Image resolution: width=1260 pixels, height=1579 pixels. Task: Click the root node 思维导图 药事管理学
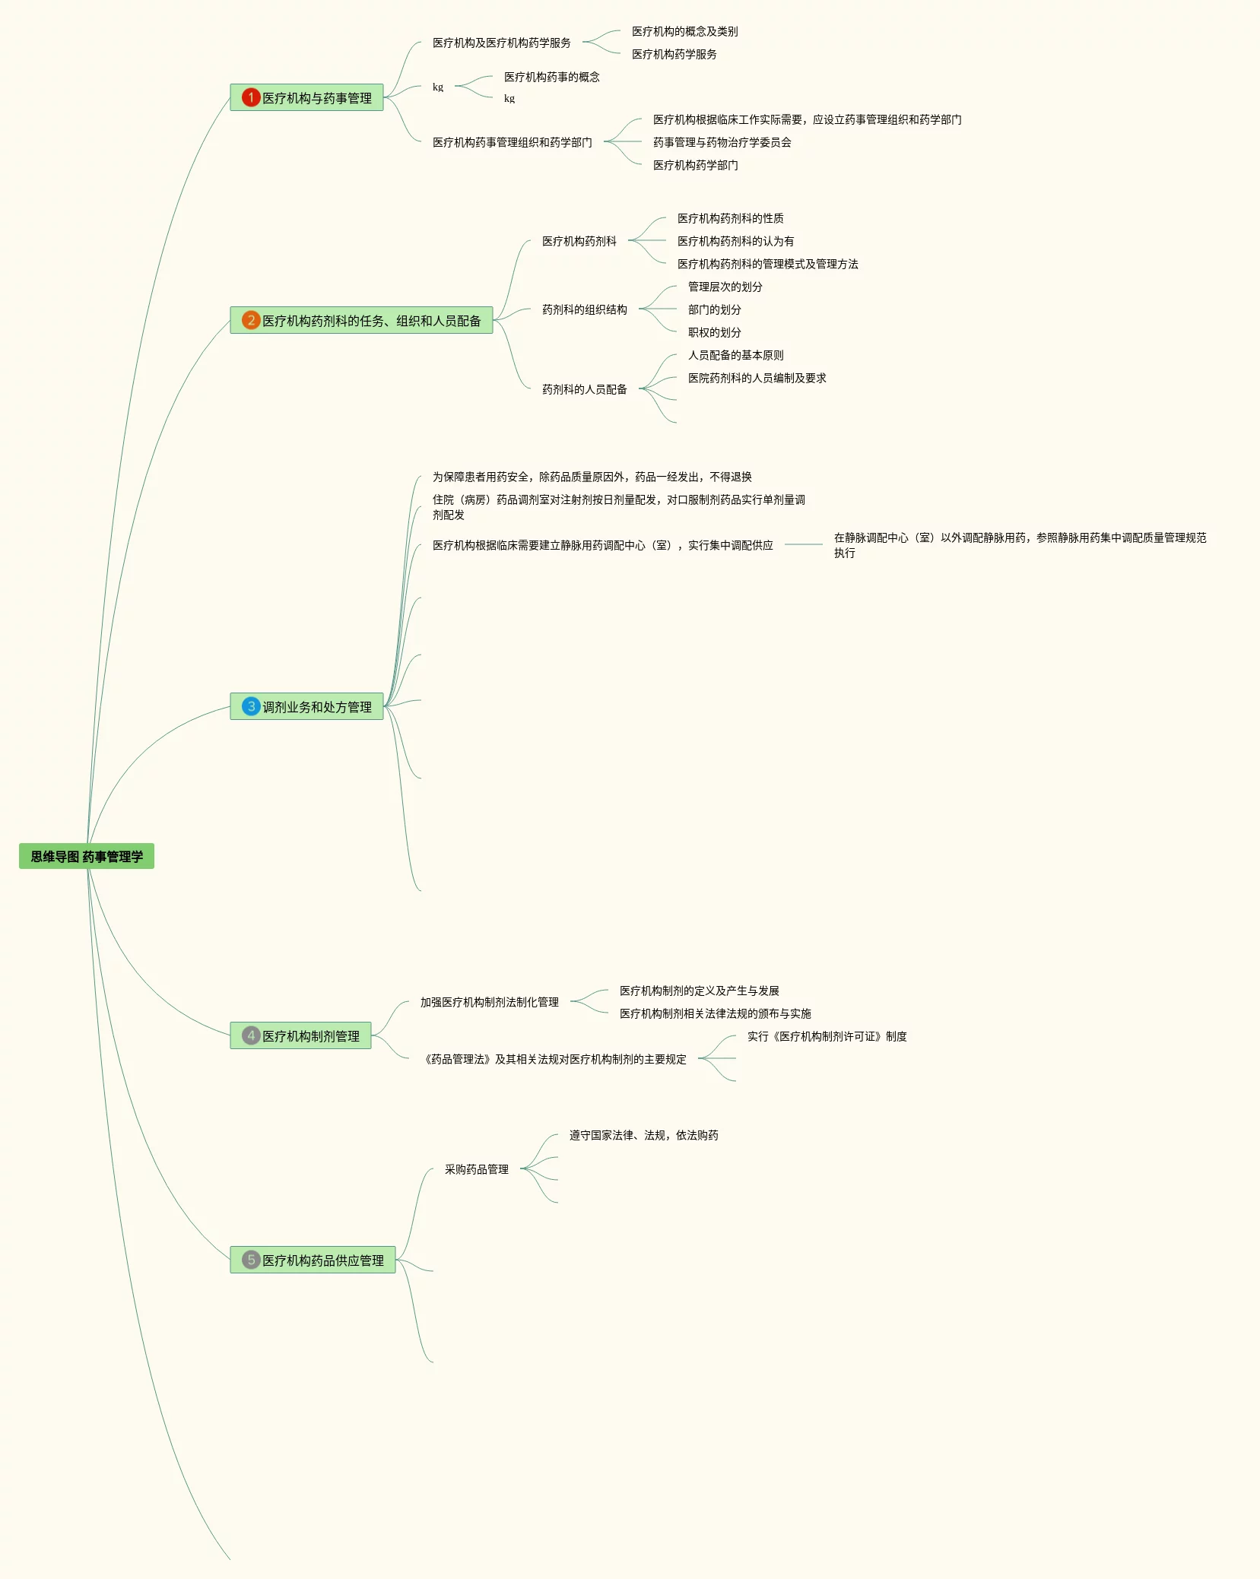coord(87,857)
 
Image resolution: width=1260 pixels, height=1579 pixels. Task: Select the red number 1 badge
coord(251,97)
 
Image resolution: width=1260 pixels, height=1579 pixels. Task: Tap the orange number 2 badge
coord(251,320)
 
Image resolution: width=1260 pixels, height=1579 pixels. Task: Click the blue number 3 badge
coord(251,706)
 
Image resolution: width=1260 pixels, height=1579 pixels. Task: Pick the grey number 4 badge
coord(251,1035)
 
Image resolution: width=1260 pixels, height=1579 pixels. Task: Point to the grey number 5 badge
coord(251,1260)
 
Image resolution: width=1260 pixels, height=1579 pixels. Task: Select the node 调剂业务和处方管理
coord(317,707)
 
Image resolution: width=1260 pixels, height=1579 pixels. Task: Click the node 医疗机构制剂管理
coord(311,1036)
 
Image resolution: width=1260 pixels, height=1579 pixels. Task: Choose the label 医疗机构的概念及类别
coord(684,31)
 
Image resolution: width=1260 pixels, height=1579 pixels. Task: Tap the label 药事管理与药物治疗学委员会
coord(722,142)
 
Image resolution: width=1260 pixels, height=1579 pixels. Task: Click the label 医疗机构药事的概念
coord(551,77)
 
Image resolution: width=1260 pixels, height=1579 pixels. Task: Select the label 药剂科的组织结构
coord(584,309)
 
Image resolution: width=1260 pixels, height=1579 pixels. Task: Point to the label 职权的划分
coord(714,332)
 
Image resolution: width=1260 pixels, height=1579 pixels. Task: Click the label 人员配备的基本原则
coord(735,355)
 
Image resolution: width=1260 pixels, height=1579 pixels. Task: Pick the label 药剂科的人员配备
coord(584,389)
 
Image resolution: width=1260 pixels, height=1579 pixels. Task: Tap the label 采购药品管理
coord(476,1169)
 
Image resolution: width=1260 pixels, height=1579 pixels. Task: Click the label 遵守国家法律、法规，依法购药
coord(643,1135)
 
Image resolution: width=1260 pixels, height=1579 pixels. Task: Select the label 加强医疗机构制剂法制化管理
coord(489,1002)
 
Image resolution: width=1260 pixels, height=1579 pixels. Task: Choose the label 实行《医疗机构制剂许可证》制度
coord(827,1036)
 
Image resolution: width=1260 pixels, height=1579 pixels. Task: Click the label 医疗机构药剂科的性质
coord(730,218)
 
